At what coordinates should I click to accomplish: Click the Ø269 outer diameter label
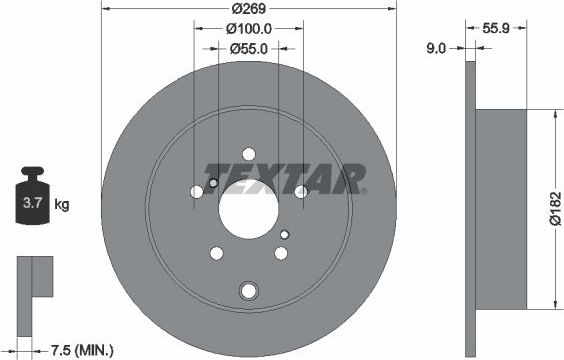tap(248, 8)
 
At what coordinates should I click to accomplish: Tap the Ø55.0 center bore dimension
tap(248, 47)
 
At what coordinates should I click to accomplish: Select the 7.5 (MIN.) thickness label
tap(83, 350)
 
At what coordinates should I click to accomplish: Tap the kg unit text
tap(61, 205)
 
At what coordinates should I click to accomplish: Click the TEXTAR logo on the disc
tap(284, 179)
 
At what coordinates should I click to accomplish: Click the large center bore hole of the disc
tap(248, 208)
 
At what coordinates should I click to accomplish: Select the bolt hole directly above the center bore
tap(248, 154)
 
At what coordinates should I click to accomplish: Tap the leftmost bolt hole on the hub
tap(196, 191)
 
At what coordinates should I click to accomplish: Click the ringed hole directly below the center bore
tap(248, 291)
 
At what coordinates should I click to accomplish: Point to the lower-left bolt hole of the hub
tap(216, 252)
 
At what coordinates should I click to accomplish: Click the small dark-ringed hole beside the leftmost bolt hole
tap(212, 183)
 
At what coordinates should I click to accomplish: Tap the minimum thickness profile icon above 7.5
tap(32, 277)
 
